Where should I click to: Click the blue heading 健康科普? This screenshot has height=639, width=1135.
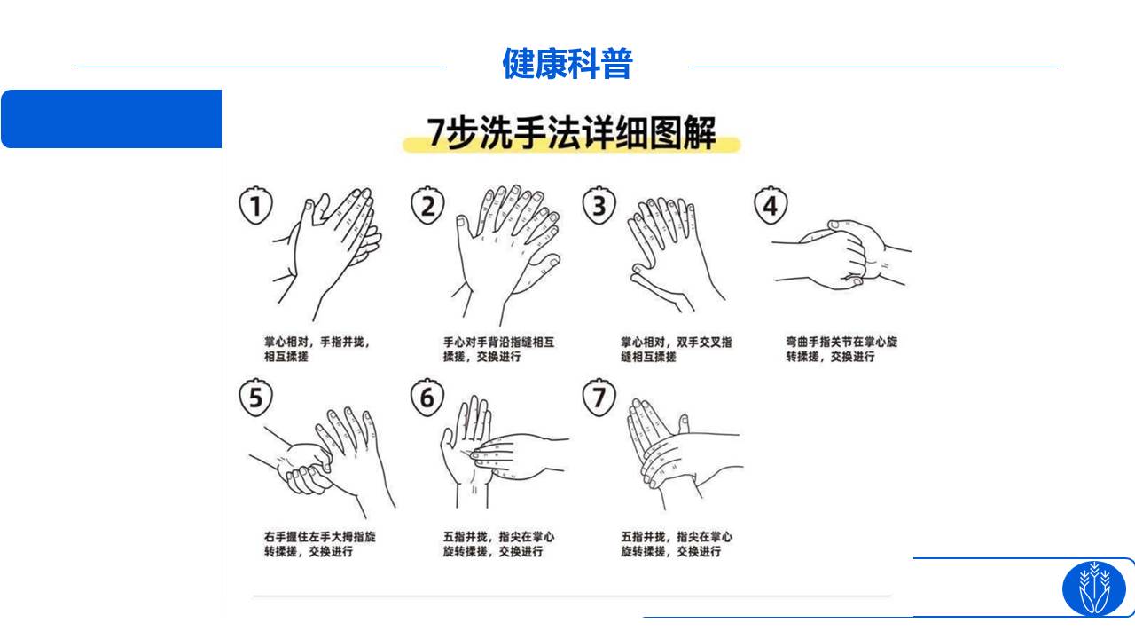(x=567, y=64)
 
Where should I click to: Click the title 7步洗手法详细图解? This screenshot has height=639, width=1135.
(x=571, y=133)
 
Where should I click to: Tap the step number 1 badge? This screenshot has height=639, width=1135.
(x=256, y=205)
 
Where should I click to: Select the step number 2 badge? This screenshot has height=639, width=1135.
(x=427, y=205)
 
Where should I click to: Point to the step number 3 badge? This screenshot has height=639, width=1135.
(x=599, y=205)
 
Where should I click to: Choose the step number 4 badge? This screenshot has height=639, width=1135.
(x=771, y=205)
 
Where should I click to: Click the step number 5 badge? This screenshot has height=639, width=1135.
(x=256, y=397)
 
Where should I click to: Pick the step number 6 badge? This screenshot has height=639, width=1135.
(x=427, y=397)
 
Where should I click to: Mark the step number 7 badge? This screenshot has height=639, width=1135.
(x=599, y=397)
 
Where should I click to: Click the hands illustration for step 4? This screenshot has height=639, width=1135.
(x=841, y=255)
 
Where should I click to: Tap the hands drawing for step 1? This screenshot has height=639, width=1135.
(x=327, y=255)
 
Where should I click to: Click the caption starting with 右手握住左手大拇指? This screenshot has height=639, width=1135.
(x=320, y=544)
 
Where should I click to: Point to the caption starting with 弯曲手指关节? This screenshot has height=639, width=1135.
(x=841, y=350)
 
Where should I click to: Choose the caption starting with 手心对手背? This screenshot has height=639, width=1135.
(x=498, y=350)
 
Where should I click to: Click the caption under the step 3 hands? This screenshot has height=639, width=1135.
(x=677, y=350)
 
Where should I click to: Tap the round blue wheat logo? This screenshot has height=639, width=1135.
(x=1093, y=588)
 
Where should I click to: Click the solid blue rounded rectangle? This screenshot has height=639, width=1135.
(x=112, y=119)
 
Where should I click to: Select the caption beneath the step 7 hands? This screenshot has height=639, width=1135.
(x=677, y=544)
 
